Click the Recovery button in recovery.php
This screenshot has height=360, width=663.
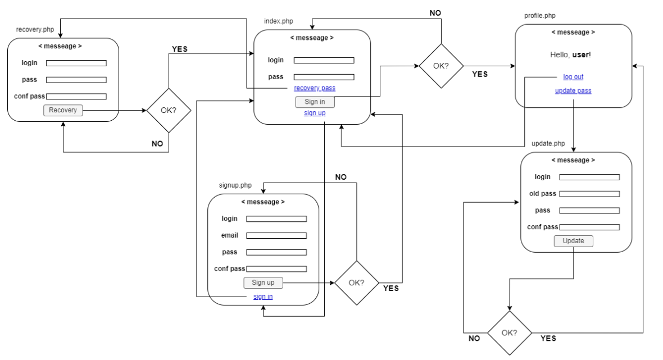point(63,110)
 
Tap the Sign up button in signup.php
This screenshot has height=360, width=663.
point(263,282)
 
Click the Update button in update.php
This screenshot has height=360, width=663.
point(573,241)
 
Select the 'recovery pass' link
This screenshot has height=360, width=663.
point(315,88)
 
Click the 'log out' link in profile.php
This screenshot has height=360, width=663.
point(573,77)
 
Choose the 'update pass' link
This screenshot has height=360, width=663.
point(573,91)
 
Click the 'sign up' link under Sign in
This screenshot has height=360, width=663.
point(315,113)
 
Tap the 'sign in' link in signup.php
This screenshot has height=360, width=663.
point(263,297)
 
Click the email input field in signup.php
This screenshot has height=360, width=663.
point(276,236)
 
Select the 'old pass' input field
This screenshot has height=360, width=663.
point(589,194)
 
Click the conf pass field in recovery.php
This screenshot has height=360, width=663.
point(76,97)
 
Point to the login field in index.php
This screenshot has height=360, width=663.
point(324,61)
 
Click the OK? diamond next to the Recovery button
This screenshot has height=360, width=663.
point(169,110)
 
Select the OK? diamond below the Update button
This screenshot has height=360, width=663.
point(509,332)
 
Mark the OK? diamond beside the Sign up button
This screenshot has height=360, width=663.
point(356,282)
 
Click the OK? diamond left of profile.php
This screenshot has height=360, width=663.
point(441,66)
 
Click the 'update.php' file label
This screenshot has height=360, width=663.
point(548,144)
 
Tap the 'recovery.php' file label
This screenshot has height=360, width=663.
point(36,29)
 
